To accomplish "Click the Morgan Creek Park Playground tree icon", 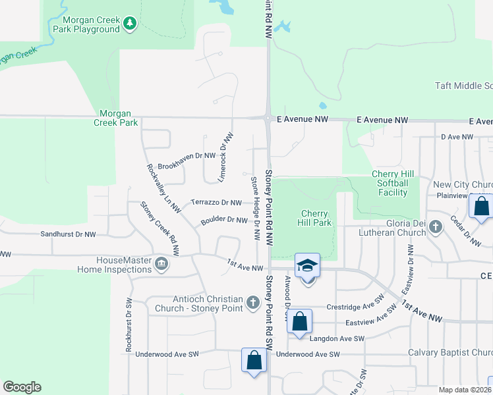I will (x=130, y=24).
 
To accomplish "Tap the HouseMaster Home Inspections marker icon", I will (x=161, y=265).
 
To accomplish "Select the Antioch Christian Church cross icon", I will (x=252, y=303).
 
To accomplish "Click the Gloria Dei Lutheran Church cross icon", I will (x=435, y=226).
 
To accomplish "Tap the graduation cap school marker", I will (x=307, y=267).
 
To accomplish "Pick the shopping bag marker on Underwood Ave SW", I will (x=254, y=361).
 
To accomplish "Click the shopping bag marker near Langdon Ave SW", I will (x=299, y=322).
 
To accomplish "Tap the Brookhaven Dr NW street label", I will (x=187, y=156).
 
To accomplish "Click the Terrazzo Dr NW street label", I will (x=216, y=202).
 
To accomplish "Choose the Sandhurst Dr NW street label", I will (x=68, y=234).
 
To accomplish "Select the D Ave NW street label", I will (x=457, y=137).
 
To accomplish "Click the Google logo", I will (x=22, y=387).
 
